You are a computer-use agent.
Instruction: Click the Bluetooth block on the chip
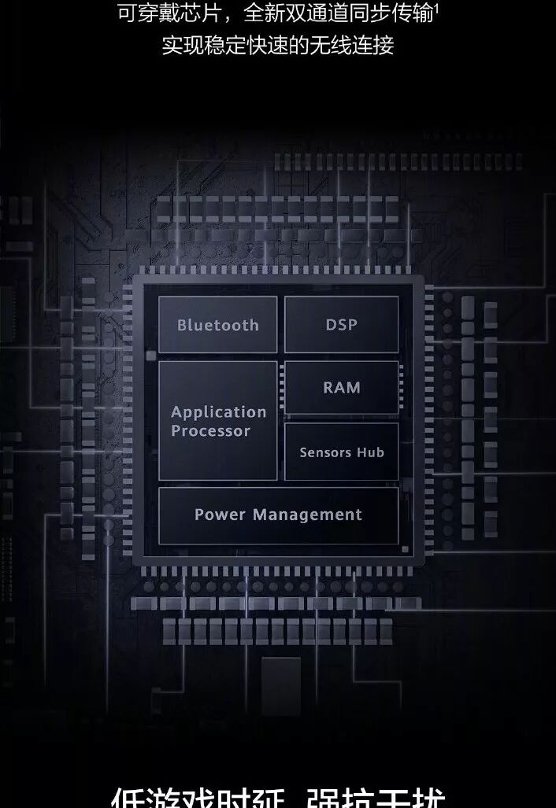pyautogui.click(x=217, y=325)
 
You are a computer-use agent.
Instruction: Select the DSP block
pyautogui.click(x=341, y=324)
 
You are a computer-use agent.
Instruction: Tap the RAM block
pyautogui.click(x=341, y=387)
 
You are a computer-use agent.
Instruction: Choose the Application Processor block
pyautogui.click(x=217, y=421)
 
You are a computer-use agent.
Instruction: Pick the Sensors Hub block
pyautogui.click(x=341, y=452)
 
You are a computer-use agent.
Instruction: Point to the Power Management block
pyautogui.click(x=278, y=515)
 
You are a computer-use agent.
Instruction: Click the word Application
pyautogui.click(x=219, y=412)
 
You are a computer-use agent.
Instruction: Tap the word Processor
pyautogui.click(x=210, y=431)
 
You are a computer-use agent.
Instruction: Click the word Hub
pyautogui.click(x=371, y=452)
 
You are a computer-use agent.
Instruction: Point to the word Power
pyautogui.click(x=220, y=515)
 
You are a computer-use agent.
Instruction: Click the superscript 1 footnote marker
pyautogui.click(x=436, y=7)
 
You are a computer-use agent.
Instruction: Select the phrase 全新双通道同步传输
pyautogui.click(x=339, y=13)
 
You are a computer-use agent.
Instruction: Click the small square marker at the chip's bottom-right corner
pyautogui.click(x=405, y=549)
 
